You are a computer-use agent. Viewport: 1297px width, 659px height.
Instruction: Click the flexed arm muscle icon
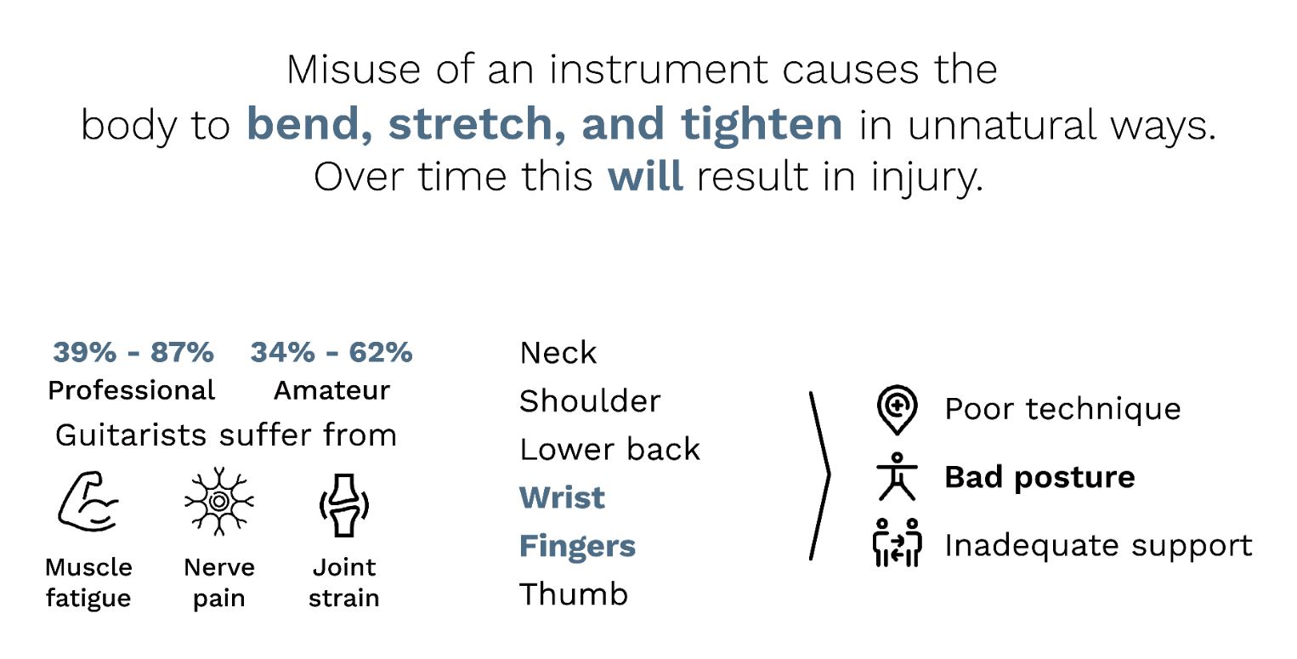88,502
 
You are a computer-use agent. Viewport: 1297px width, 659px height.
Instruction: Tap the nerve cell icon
219,501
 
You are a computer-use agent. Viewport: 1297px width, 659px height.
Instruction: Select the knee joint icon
344,506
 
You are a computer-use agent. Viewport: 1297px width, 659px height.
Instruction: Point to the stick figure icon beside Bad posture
897,476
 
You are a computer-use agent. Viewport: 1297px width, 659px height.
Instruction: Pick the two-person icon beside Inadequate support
897,543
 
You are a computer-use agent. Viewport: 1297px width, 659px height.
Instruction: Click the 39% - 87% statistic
133,352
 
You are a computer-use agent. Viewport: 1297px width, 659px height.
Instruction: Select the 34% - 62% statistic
331,352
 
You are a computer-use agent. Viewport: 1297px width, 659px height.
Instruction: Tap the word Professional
132,390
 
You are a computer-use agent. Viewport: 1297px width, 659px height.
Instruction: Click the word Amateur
331,390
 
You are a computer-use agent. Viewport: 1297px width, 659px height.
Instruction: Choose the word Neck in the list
558,353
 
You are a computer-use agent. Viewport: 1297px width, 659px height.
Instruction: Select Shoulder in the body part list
590,401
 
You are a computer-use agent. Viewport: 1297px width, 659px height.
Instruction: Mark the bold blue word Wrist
562,497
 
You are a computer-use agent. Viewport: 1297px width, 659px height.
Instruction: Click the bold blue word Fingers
577,546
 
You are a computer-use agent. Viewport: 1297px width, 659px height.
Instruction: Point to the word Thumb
574,594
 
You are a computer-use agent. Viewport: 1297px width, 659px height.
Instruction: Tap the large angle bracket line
829,475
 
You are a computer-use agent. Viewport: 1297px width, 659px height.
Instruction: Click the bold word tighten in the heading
762,124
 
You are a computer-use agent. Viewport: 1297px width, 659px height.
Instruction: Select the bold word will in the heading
645,176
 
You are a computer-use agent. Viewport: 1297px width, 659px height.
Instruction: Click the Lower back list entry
609,449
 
